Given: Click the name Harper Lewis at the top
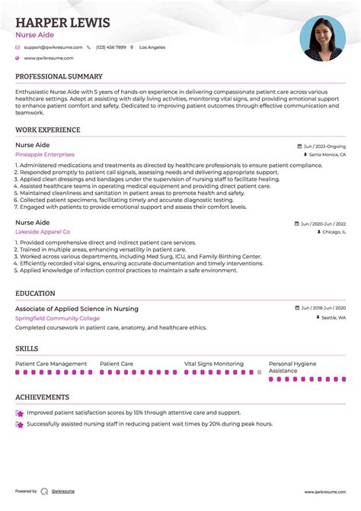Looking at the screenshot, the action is pyautogui.click(x=62, y=22).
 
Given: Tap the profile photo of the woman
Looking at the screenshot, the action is pyautogui.click(x=322, y=39).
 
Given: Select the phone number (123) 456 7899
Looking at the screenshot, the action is pyautogui.click(x=110, y=47).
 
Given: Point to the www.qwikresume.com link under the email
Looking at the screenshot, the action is pyautogui.click(x=48, y=58).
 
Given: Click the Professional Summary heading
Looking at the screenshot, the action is pyautogui.click(x=59, y=77).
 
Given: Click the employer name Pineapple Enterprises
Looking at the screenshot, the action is pyautogui.click(x=45, y=154).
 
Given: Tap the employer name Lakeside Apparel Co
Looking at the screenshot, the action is pyautogui.click(x=43, y=231).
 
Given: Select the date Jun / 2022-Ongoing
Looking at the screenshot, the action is pyautogui.click(x=324, y=146).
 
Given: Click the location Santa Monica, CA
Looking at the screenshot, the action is pyautogui.click(x=327, y=155).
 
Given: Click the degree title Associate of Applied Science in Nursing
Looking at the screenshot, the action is pyautogui.click(x=77, y=309).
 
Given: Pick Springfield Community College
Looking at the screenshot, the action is pyautogui.click(x=57, y=318).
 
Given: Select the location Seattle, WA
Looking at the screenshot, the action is pyautogui.click(x=332, y=317).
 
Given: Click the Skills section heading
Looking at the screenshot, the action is pyautogui.click(x=27, y=349).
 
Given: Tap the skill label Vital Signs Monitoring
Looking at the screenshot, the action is pyautogui.click(x=214, y=364).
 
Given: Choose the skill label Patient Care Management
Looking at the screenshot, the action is pyautogui.click(x=51, y=364).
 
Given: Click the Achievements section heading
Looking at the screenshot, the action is pyautogui.click(x=42, y=397).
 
